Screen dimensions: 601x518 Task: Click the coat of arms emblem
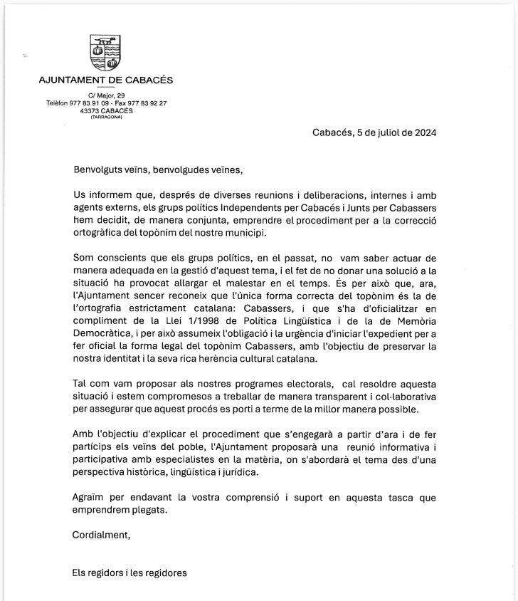click(x=105, y=53)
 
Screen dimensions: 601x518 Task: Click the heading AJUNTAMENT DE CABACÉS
click(x=105, y=80)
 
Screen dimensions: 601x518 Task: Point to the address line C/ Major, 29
click(x=107, y=95)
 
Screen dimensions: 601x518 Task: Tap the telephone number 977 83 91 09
click(x=91, y=103)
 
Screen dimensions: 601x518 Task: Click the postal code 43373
click(x=92, y=110)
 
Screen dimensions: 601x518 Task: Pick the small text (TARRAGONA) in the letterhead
click(x=106, y=117)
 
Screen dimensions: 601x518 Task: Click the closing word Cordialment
click(x=102, y=534)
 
